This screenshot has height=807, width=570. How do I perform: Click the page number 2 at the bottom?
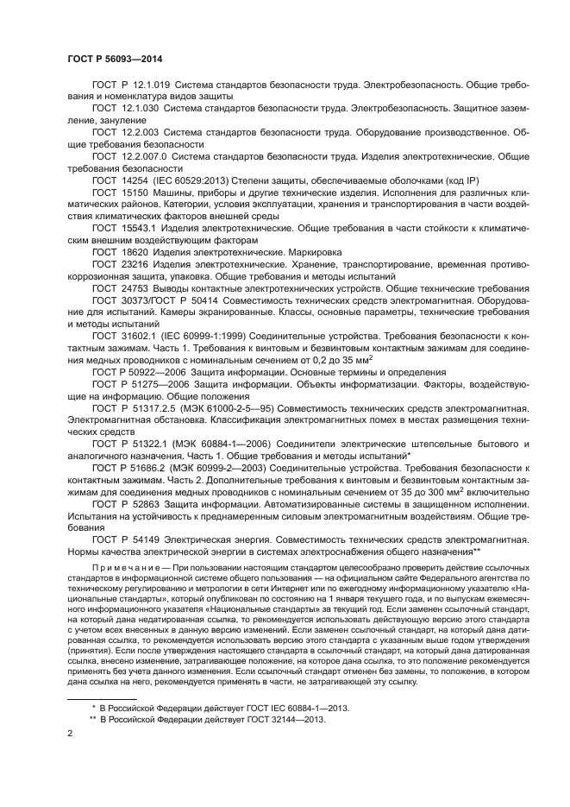[71, 734]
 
